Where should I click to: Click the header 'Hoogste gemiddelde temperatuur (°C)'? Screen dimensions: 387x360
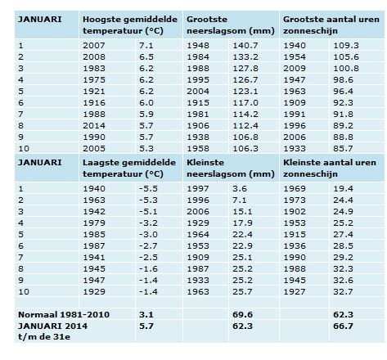click(x=130, y=25)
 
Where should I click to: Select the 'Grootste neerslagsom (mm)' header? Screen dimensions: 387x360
click(x=231, y=25)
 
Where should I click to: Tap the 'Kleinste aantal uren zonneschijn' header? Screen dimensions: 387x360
click(x=330, y=168)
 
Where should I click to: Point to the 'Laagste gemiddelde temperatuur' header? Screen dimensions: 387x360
click(x=129, y=168)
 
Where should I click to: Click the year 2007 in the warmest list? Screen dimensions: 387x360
click(x=94, y=45)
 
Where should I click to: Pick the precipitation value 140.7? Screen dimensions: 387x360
click(x=245, y=45)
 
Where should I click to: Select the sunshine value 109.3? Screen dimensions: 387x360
click(x=346, y=45)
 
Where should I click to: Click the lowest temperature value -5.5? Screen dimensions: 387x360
click(x=148, y=188)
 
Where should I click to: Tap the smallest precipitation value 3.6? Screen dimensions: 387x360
click(x=240, y=188)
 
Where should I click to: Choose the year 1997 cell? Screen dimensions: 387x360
click(x=198, y=188)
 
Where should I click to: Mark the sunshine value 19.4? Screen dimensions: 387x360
click(x=343, y=188)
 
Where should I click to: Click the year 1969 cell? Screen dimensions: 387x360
click(x=295, y=188)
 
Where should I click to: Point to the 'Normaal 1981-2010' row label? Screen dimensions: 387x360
click(x=64, y=314)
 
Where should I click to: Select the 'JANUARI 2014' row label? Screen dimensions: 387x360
click(x=52, y=326)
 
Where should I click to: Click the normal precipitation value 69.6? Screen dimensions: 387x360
click(x=242, y=314)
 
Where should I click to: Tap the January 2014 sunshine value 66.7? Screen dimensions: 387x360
click(x=343, y=326)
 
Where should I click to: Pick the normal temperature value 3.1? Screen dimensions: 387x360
click(x=146, y=314)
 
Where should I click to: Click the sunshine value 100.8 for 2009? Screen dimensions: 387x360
click(x=346, y=68)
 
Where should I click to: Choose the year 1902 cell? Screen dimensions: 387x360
click(x=295, y=211)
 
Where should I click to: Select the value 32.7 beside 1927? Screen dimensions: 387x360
click(x=343, y=291)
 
